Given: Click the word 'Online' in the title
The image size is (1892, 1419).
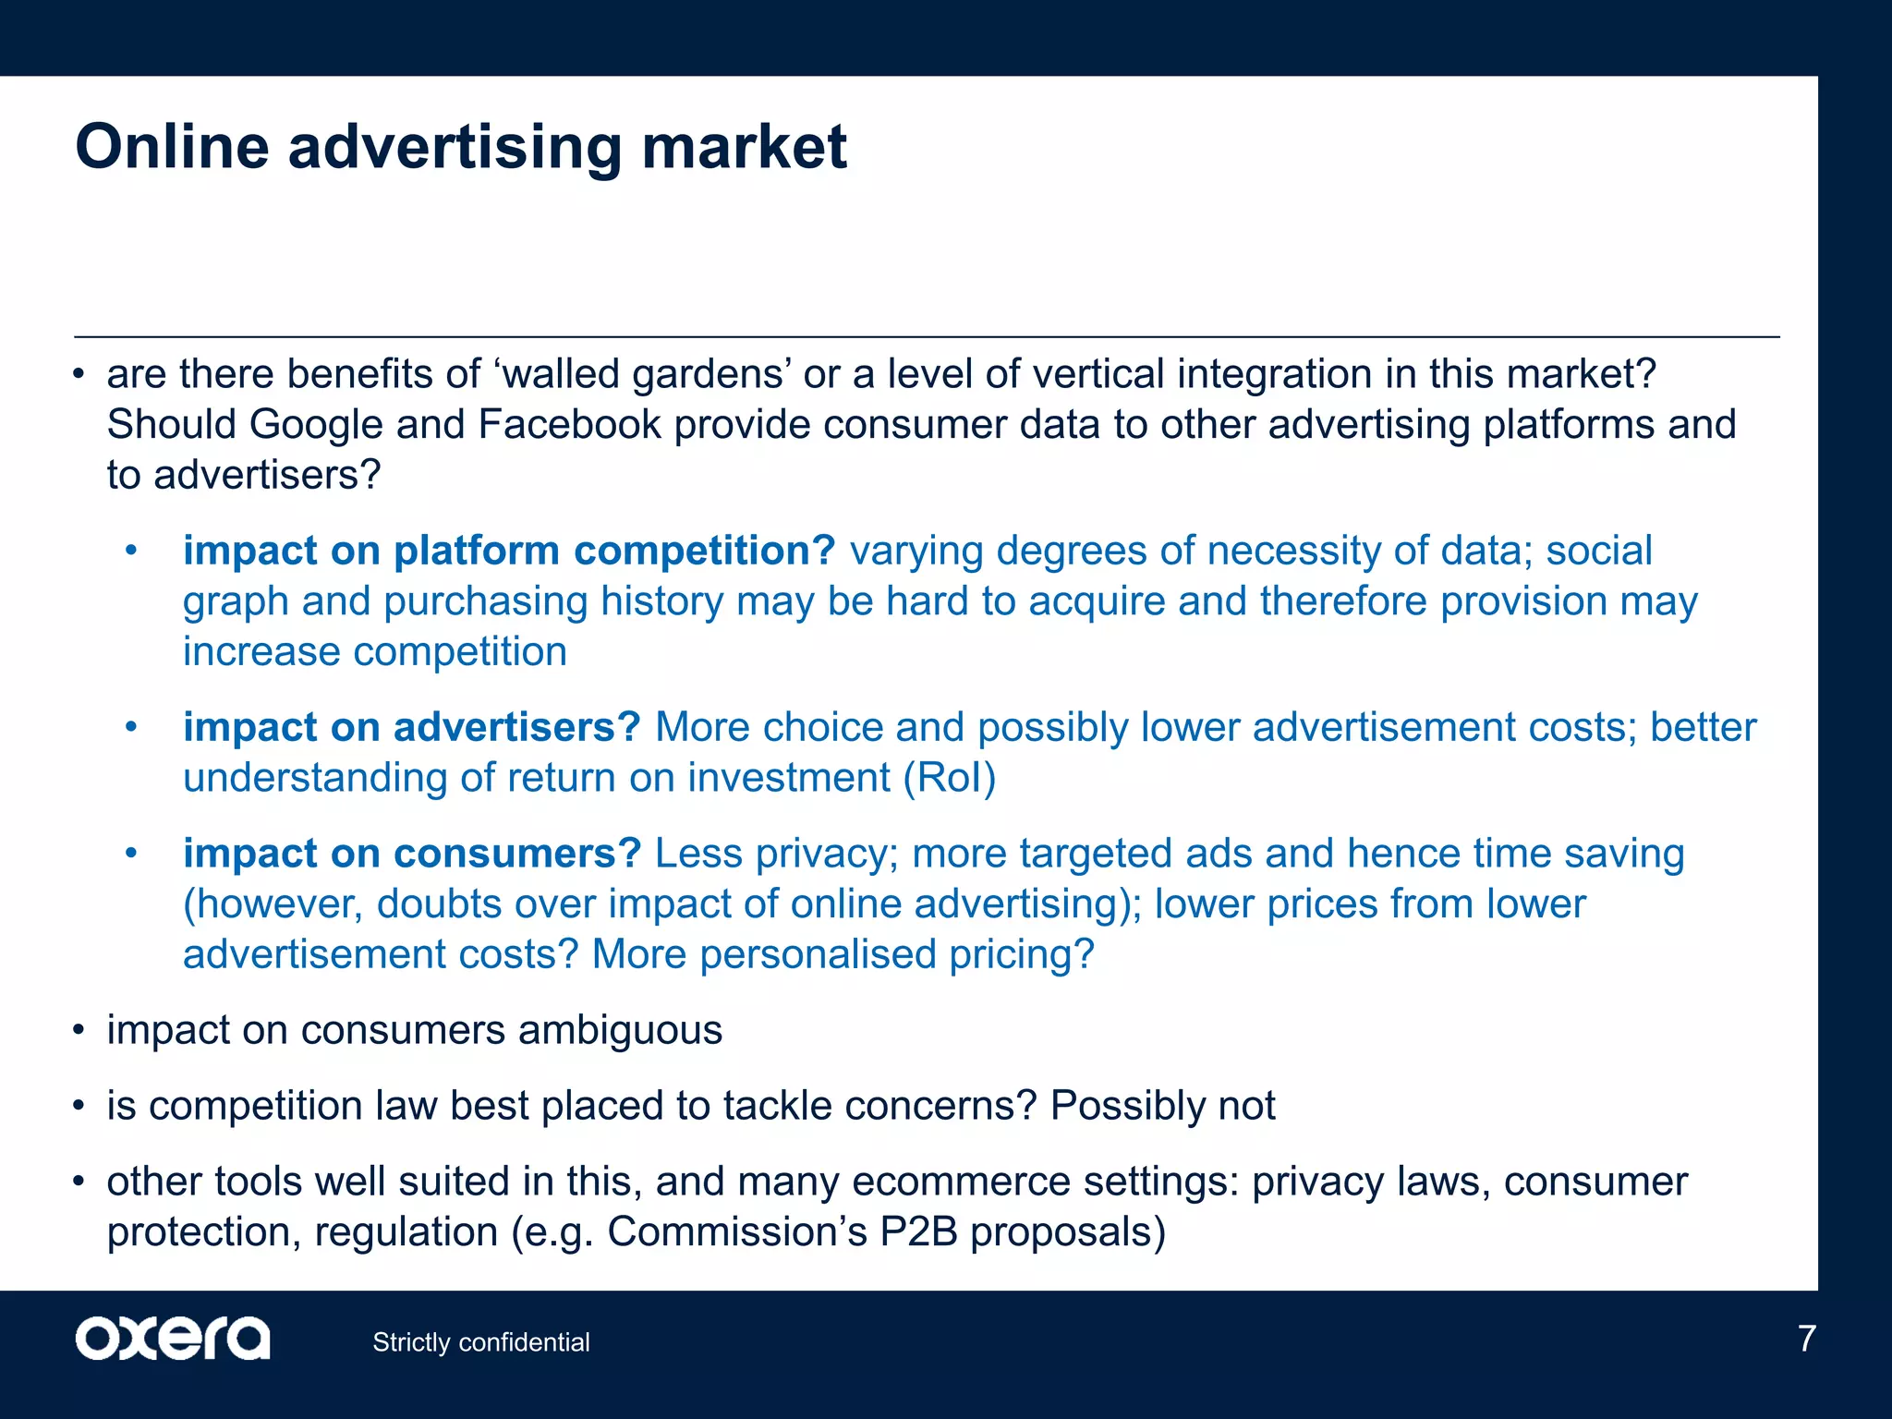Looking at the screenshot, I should (x=172, y=147).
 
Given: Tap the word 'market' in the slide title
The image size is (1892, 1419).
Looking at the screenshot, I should (x=744, y=147).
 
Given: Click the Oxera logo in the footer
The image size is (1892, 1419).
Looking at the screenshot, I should (x=173, y=1339).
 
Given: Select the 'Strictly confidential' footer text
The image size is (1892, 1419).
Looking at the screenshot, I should (x=480, y=1342).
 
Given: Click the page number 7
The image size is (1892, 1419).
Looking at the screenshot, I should (x=1806, y=1339).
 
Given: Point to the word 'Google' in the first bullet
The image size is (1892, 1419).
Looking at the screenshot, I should (x=316, y=425).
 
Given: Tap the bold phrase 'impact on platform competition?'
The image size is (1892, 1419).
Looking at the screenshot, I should (x=508, y=551).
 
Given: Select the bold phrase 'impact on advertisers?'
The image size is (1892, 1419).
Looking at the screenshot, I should (x=411, y=727).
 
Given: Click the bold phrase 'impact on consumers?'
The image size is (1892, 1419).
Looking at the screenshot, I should (x=411, y=854).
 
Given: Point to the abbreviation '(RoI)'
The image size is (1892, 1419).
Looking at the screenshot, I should (x=950, y=778).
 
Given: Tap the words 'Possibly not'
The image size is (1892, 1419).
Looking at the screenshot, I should (x=1162, y=1106).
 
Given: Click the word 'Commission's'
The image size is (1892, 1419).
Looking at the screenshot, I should (x=736, y=1232).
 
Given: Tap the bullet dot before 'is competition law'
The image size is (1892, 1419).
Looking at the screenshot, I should (x=79, y=1107).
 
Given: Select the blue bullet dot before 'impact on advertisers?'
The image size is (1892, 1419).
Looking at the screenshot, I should (x=131, y=728).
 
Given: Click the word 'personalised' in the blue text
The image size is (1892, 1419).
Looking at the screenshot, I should (x=818, y=955).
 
